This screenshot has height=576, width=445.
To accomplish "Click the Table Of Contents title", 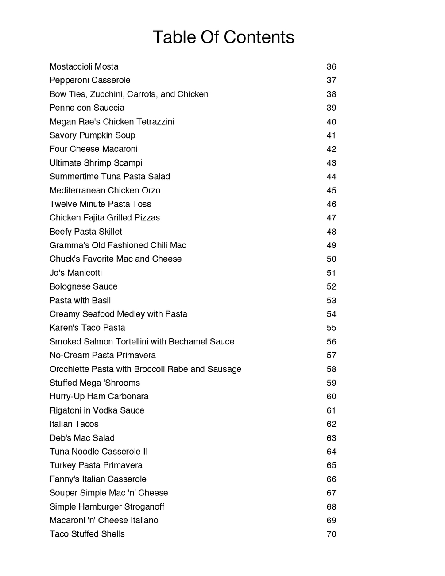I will pyautogui.click(x=223, y=37).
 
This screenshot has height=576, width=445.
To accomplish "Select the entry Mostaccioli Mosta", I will pyautogui.click(x=84, y=67).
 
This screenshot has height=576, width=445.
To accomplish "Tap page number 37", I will pyautogui.click(x=331, y=81).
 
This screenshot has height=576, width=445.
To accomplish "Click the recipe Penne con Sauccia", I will pyautogui.click(x=87, y=108).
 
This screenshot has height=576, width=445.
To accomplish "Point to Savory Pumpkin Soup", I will pyautogui.click(x=92, y=135).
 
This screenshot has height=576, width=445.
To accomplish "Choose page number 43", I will pyautogui.click(x=331, y=163).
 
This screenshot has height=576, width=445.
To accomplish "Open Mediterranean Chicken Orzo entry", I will pyautogui.click(x=105, y=190).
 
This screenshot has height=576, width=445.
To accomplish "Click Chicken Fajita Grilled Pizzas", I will pyautogui.click(x=104, y=218).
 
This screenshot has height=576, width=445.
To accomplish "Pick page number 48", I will pyautogui.click(x=331, y=232).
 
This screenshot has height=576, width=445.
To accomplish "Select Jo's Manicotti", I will pyautogui.click(x=76, y=273).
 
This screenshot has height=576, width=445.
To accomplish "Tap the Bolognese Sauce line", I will pyautogui.click(x=83, y=286).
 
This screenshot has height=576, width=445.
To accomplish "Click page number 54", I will pyautogui.click(x=331, y=314).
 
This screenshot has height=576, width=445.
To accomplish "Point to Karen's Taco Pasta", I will pyautogui.click(x=87, y=328).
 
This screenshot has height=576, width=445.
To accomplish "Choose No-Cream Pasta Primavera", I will pyautogui.click(x=103, y=355).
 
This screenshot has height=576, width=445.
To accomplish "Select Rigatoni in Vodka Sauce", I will pyautogui.click(x=97, y=410).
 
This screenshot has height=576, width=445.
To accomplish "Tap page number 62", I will pyautogui.click(x=331, y=424).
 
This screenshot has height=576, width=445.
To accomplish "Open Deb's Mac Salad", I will pyautogui.click(x=82, y=438).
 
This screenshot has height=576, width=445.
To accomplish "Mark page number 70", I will pyautogui.click(x=331, y=534).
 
